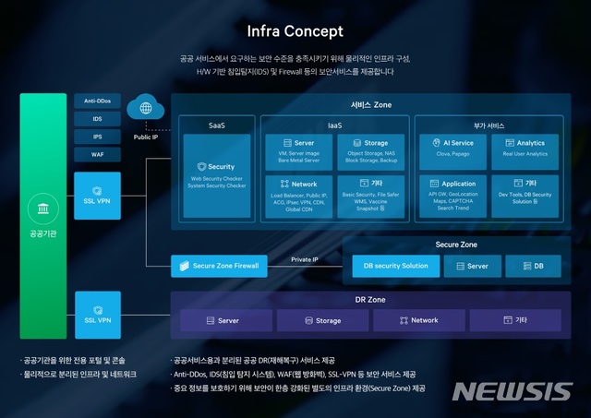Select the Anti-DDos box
coord(98,102)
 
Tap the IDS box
coord(98,119)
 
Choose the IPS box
coord(98,137)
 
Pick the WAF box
coord(98,154)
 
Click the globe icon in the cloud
coord(145,108)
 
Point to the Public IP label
coord(146,136)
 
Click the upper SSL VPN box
coord(98,196)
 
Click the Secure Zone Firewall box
coord(219,266)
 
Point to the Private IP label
coord(304,260)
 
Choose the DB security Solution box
coord(395,266)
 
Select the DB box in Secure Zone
coord(537,266)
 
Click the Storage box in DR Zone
coord(322,320)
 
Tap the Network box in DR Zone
coord(418,320)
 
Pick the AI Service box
coord(456,149)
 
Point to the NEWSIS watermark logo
coord(512,391)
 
